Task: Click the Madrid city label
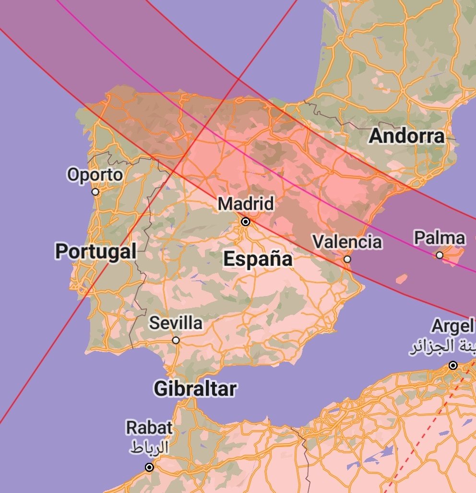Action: click(x=246, y=204)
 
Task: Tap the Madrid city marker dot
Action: click(x=246, y=222)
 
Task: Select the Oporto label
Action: click(x=95, y=175)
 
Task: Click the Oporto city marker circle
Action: click(x=95, y=192)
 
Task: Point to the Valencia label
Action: click(x=347, y=241)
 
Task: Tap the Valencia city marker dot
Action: click(x=347, y=259)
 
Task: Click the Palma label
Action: click(x=440, y=238)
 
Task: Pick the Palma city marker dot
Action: click(x=440, y=255)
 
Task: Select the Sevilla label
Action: click(x=176, y=323)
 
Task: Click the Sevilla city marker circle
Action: click(x=176, y=340)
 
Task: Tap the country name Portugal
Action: click(x=95, y=251)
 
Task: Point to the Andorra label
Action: click(x=406, y=137)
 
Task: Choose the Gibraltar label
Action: click(x=195, y=389)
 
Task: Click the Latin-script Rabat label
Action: click(x=149, y=427)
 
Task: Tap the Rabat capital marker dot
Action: click(x=149, y=467)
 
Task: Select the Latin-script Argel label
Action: click(x=453, y=326)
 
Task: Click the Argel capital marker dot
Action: click(x=453, y=366)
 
